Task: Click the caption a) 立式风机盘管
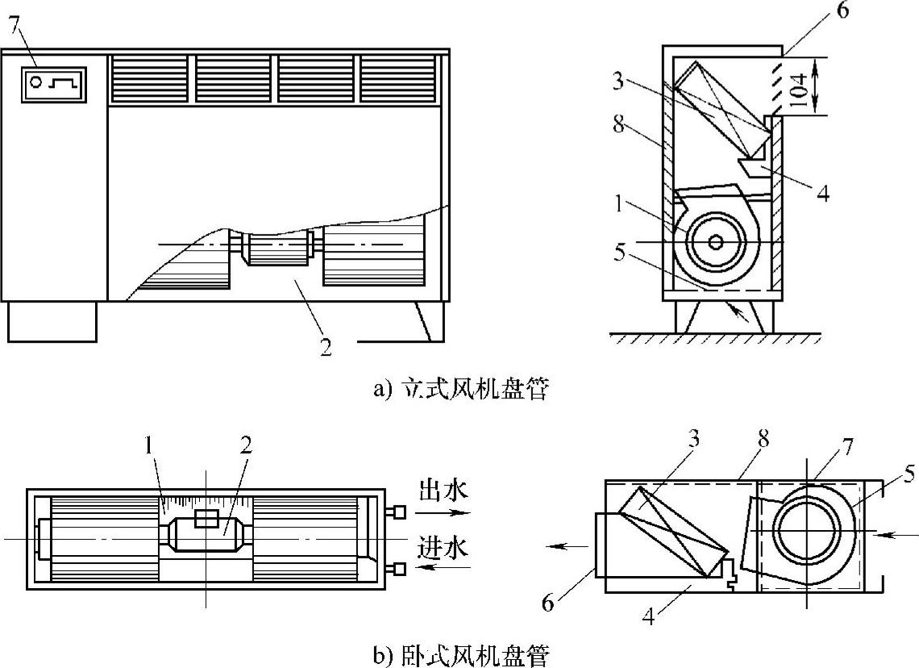(x=460, y=390)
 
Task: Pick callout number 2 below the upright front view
(x=326, y=349)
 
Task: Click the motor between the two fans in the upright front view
(x=276, y=245)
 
